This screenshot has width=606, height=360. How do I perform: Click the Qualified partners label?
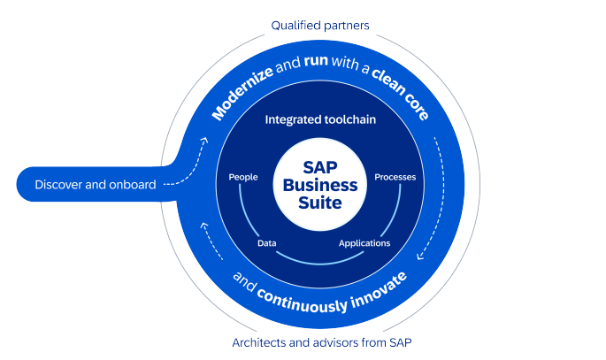click(x=319, y=26)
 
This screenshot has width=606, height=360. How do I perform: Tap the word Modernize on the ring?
click(x=242, y=96)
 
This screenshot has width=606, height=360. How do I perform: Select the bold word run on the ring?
click(x=314, y=65)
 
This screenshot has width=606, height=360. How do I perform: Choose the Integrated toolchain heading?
click(x=319, y=118)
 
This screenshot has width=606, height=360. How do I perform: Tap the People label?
click(x=242, y=177)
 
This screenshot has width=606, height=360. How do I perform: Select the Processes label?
click(x=395, y=177)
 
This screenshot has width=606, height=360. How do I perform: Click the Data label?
click(x=266, y=242)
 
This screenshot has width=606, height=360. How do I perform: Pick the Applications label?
click(x=364, y=242)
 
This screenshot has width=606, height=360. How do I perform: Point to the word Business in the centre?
click(x=319, y=186)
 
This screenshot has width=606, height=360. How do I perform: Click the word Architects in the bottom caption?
click(x=257, y=341)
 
